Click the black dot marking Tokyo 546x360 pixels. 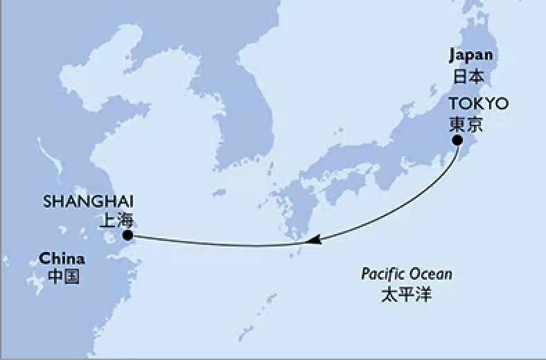tap(458, 141)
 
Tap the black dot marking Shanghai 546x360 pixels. tap(127, 236)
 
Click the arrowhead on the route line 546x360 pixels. tap(313, 240)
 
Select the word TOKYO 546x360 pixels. tap(478, 105)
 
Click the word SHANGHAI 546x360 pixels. tap(89, 202)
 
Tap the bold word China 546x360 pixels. tap(62, 259)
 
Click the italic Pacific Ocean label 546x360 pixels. tap(407, 273)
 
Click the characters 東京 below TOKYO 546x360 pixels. tap(465, 125)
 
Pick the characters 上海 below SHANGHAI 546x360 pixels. tap(116, 222)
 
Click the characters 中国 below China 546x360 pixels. tap(63, 278)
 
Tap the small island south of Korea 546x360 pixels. tap(220, 192)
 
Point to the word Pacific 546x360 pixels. tap(383, 273)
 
